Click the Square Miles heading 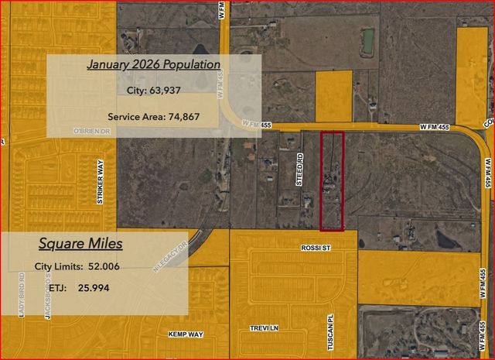coord(80,244)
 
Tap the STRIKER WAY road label coord(100,183)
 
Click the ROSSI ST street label coord(315,248)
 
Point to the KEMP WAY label coord(186,334)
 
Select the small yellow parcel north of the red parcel coord(333,96)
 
